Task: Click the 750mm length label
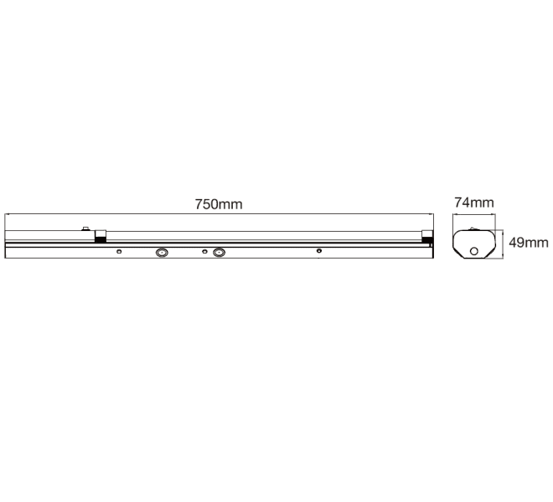tap(219, 204)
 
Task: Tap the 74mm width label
tap(474, 202)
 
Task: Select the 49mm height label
tap(529, 243)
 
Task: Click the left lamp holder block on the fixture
tap(101, 236)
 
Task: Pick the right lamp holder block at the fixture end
tap(427, 236)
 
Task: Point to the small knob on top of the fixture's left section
tap(85, 228)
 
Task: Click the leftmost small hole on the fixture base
tap(119, 251)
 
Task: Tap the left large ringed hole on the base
tap(162, 252)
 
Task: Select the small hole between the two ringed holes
tap(204, 251)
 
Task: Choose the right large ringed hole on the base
tap(219, 252)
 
